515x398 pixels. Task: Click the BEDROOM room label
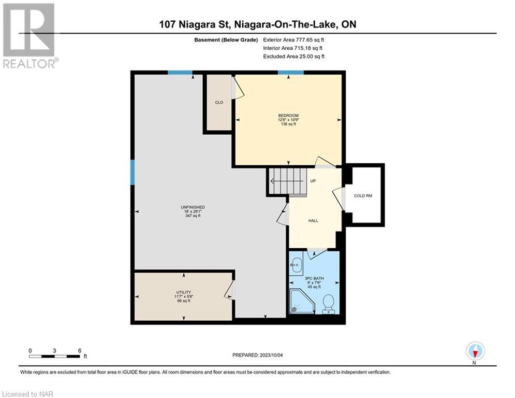pos(288,116)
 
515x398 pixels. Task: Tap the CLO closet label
pos(219,102)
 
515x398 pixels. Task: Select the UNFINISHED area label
pos(193,207)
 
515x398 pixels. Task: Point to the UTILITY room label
pos(184,292)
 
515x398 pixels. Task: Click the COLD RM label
pos(363,196)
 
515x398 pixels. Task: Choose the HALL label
pos(313,221)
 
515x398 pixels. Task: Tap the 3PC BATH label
pos(314,278)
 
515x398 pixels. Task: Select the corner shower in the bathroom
pos(302,301)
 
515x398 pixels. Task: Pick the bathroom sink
pos(297,264)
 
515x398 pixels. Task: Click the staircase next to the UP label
pos(288,181)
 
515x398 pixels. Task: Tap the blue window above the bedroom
pos(291,73)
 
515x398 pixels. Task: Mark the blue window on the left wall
pos(133,173)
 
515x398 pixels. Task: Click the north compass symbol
pos(475,351)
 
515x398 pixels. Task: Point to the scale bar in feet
pos(54,357)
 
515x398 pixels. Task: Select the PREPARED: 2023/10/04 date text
pos(258,355)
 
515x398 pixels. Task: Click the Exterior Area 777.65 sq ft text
pos(293,40)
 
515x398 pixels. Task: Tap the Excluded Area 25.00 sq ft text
pos(293,56)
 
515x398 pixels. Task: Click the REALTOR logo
pos(30,36)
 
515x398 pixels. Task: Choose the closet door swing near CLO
pos(239,88)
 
